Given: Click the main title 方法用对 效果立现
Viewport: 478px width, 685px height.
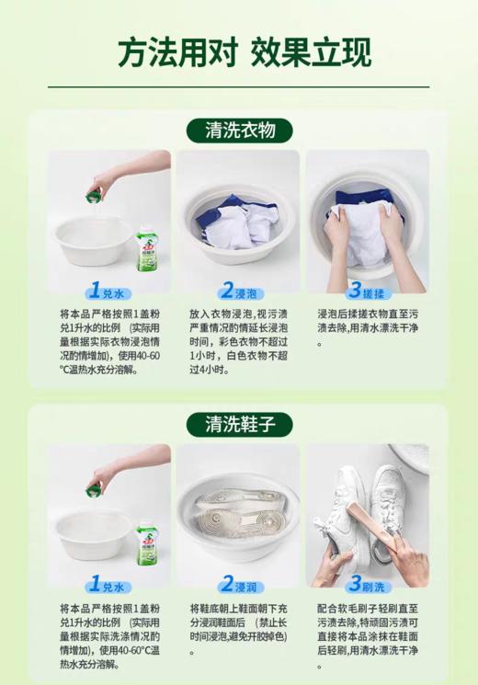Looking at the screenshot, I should point(238,52).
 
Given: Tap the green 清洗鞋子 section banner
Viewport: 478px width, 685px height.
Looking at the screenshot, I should point(238,424).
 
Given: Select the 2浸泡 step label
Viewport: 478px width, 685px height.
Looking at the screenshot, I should point(238,291).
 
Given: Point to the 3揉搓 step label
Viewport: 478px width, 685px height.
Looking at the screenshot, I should point(367,291).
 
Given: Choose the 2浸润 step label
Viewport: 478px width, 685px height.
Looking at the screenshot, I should point(238,585).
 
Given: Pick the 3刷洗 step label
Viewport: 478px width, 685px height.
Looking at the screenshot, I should point(367,585).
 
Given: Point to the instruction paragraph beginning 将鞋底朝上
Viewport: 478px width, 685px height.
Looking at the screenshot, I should point(238,629).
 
